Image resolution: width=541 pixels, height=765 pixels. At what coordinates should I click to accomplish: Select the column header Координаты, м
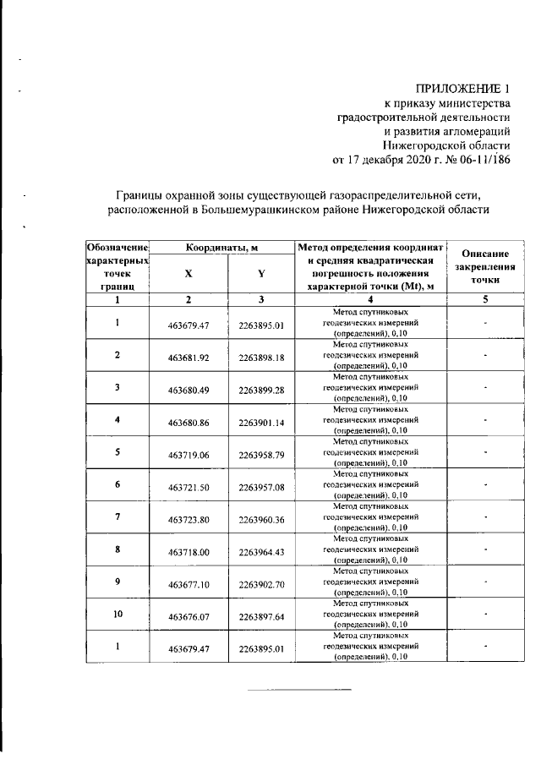click(x=223, y=247)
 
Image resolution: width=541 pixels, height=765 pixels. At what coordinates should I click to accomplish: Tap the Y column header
click(x=261, y=273)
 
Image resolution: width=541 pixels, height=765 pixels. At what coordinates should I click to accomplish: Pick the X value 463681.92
click(x=189, y=358)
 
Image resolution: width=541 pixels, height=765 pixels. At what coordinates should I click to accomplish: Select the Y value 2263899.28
click(x=261, y=390)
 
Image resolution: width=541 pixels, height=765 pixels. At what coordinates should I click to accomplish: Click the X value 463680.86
click(x=189, y=422)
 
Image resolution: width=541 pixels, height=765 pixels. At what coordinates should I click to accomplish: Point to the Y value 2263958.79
click(x=261, y=455)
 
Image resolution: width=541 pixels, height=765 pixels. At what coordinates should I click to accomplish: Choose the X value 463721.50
click(x=189, y=487)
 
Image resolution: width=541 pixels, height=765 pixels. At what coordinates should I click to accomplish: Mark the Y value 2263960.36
click(x=261, y=519)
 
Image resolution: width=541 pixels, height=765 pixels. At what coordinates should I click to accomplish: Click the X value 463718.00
click(x=189, y=551)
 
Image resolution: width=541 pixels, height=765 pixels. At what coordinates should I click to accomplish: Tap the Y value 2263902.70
click(x=261, y=584)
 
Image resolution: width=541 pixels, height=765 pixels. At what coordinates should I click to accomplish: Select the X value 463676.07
click(x=189, y=616)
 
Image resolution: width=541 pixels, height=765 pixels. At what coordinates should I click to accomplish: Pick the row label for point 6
click(x=117, y=484)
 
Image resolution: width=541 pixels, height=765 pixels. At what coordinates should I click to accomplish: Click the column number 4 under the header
click(x=369, y=299)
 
